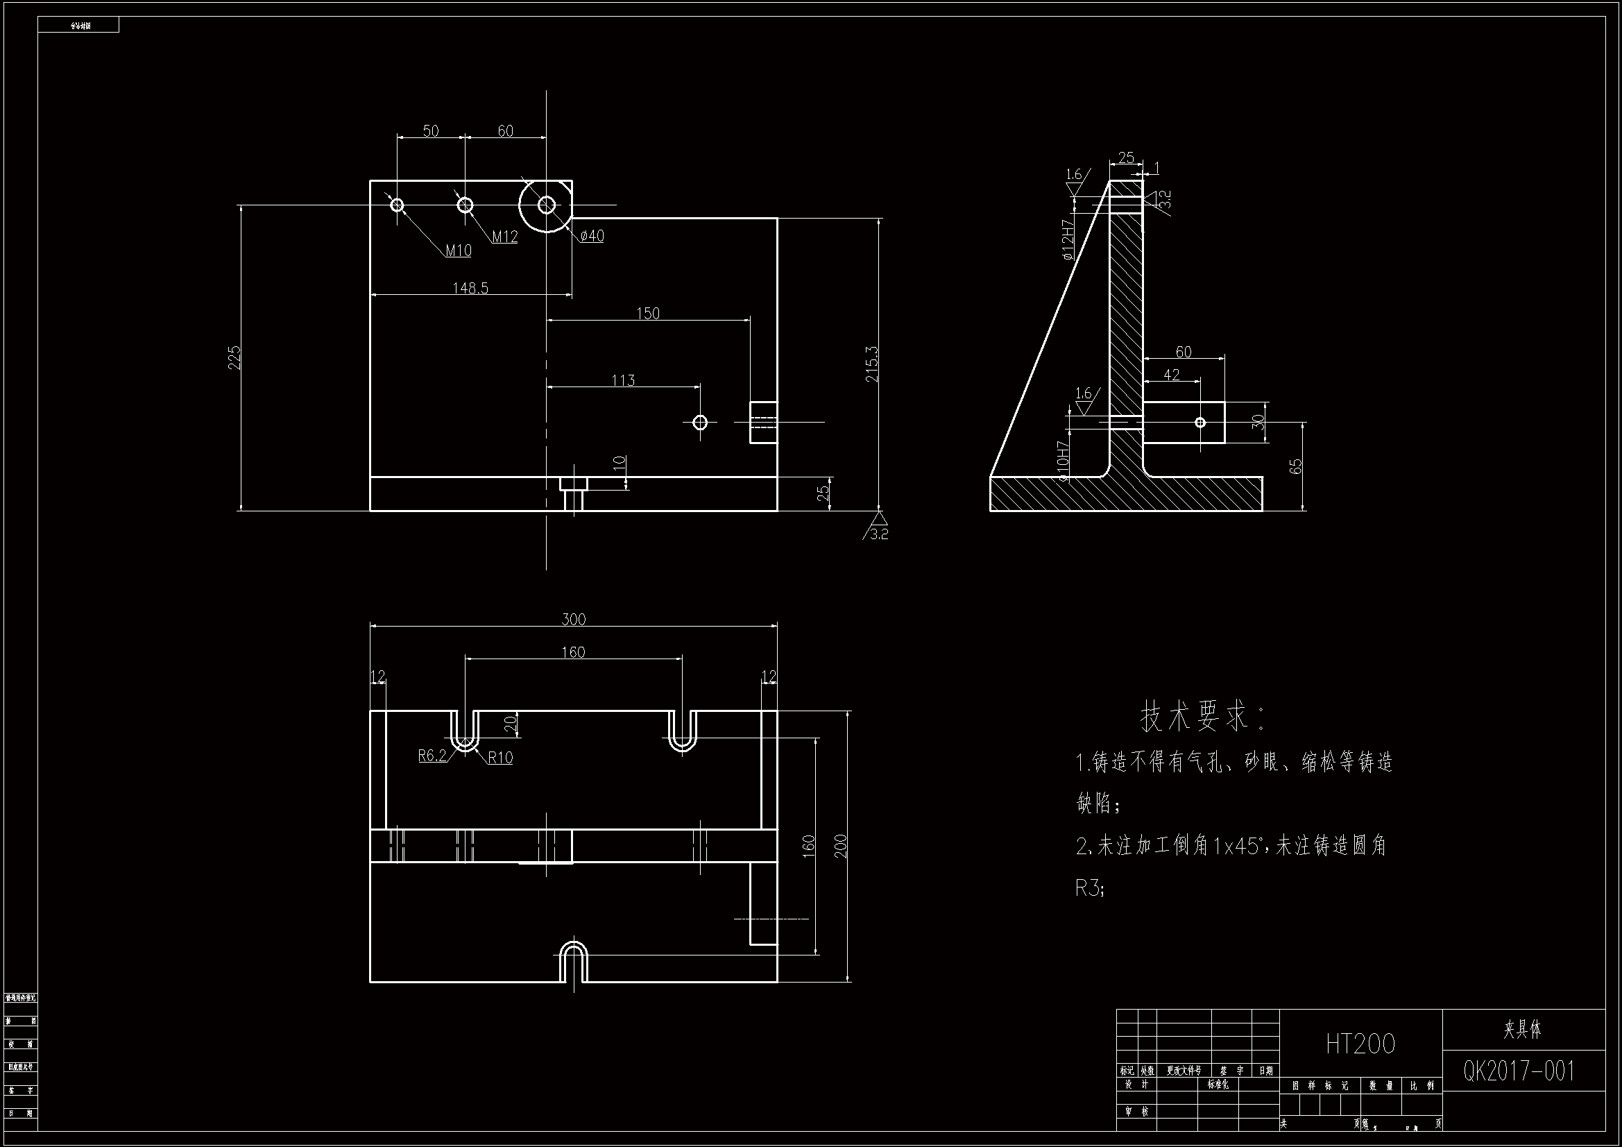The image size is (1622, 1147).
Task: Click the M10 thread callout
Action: point(459,250)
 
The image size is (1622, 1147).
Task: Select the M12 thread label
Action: point(504,237)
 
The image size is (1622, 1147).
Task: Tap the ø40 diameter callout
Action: point(592,236)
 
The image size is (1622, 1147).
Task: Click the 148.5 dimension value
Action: point(470,288)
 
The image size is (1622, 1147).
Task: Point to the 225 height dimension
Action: point(235,357)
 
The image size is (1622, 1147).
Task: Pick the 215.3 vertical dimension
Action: point(873,364)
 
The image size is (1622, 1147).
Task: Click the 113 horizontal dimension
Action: point(623,380)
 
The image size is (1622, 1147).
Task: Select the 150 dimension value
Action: point(648,313)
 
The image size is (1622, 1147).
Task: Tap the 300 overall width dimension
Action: point(574,619)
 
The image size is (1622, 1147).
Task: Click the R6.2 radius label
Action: point(432,756)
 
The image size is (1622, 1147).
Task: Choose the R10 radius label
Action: point(500,758)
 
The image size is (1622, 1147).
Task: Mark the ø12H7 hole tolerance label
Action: point(1068,239)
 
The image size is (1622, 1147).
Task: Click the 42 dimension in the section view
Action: point(1171,375)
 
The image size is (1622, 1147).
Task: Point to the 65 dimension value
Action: point(1296,466)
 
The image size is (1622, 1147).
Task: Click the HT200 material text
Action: point(1360,1044)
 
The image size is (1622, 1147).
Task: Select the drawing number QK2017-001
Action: point(1519,1071)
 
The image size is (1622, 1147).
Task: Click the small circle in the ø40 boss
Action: point(547,205)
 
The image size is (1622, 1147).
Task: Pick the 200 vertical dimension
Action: point(841,846)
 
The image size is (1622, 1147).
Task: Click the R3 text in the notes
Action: point(1089,887)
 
